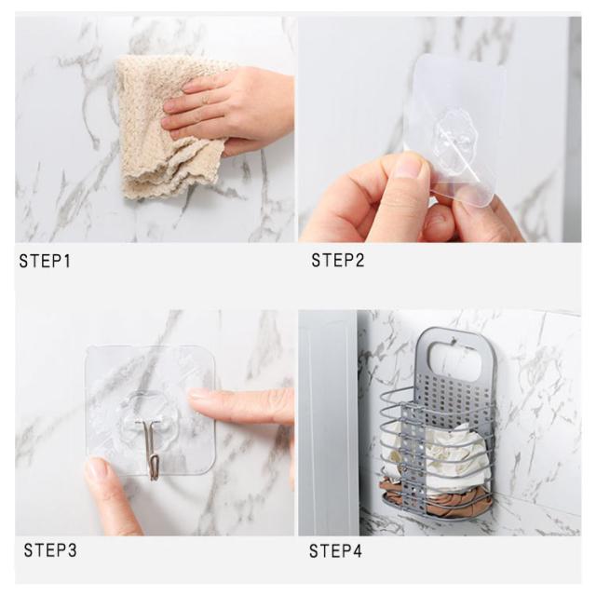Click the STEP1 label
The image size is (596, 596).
[45, 261]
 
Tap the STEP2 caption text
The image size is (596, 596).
[338, 261]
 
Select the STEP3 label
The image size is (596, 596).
[50, 550]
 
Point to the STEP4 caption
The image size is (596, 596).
[335, 550]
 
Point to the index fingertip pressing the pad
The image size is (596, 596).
[198, 395]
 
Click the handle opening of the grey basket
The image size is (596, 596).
[454, 357]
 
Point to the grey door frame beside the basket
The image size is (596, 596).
[329, 422]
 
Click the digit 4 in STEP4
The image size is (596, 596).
[358, 550]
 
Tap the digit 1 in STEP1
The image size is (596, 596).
[67, 261]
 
